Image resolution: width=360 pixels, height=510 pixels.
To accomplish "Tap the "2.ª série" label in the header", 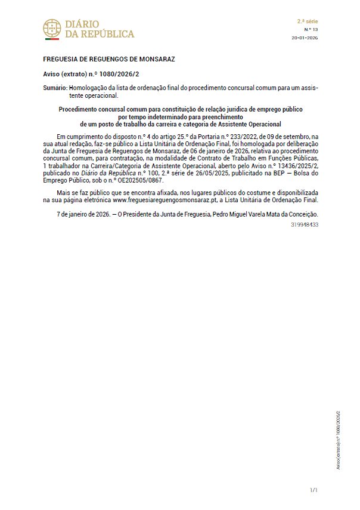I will tap(308, 21).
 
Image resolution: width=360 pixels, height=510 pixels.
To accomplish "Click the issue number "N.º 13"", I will tap(311, 29).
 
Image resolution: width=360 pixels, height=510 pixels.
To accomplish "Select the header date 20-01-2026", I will tap(305, 37).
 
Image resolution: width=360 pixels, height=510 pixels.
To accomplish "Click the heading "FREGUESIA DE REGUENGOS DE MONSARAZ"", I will tap(108, 60).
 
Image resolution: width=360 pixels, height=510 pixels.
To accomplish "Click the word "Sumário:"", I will tap(55, 87).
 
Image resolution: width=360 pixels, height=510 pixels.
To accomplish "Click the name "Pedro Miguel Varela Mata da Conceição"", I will tap(266, 214).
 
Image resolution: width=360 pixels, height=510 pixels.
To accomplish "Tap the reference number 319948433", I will tap(305, 224).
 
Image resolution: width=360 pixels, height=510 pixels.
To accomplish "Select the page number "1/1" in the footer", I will tap(314, 490).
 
